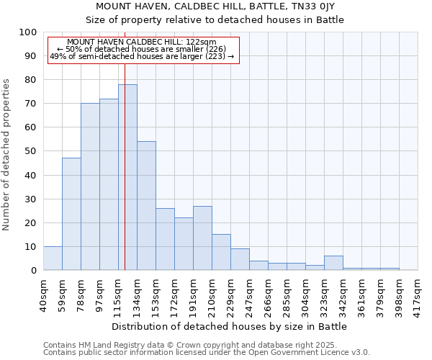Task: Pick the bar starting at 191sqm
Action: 202,238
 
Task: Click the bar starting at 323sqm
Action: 333,263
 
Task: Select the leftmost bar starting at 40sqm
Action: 53,258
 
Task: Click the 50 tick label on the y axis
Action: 31,151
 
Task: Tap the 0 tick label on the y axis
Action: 34,270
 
